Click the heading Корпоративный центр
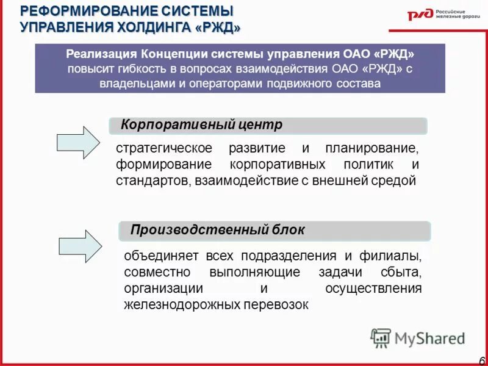(x=202, y=125)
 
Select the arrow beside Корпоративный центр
(x=78, y=142)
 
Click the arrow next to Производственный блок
(x=81, y=246)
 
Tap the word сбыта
(x=403, y=271)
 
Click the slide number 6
(x=482, y=359)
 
